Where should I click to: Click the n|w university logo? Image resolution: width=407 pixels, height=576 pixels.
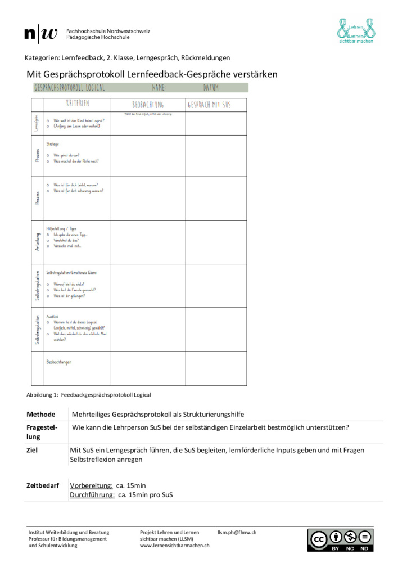click(40, 34)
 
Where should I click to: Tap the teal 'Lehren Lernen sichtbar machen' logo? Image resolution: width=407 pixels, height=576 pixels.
click(355, 31)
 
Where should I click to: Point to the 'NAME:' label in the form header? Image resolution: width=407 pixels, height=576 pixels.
click(159, 88)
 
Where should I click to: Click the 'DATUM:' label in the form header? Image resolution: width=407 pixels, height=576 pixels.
click(211, 88)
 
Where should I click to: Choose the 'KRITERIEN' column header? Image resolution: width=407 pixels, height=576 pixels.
click(78, 104)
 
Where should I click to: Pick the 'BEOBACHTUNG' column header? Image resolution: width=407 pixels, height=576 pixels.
click(148, 105)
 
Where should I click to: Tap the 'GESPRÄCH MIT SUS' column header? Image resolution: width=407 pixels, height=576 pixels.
click(209, 105)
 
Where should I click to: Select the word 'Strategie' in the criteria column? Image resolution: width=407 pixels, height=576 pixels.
click(52, 145)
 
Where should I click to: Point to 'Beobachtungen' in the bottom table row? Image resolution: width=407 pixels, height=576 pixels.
click(58, 362)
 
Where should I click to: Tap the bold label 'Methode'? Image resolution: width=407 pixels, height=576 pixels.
click(41, 414)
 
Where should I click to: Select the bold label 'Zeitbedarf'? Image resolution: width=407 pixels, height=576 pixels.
click(43, 485)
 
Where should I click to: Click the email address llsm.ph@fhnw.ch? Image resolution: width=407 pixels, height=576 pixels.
click(237, 532)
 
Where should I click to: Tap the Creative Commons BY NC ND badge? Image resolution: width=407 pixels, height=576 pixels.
click(340, 539)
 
